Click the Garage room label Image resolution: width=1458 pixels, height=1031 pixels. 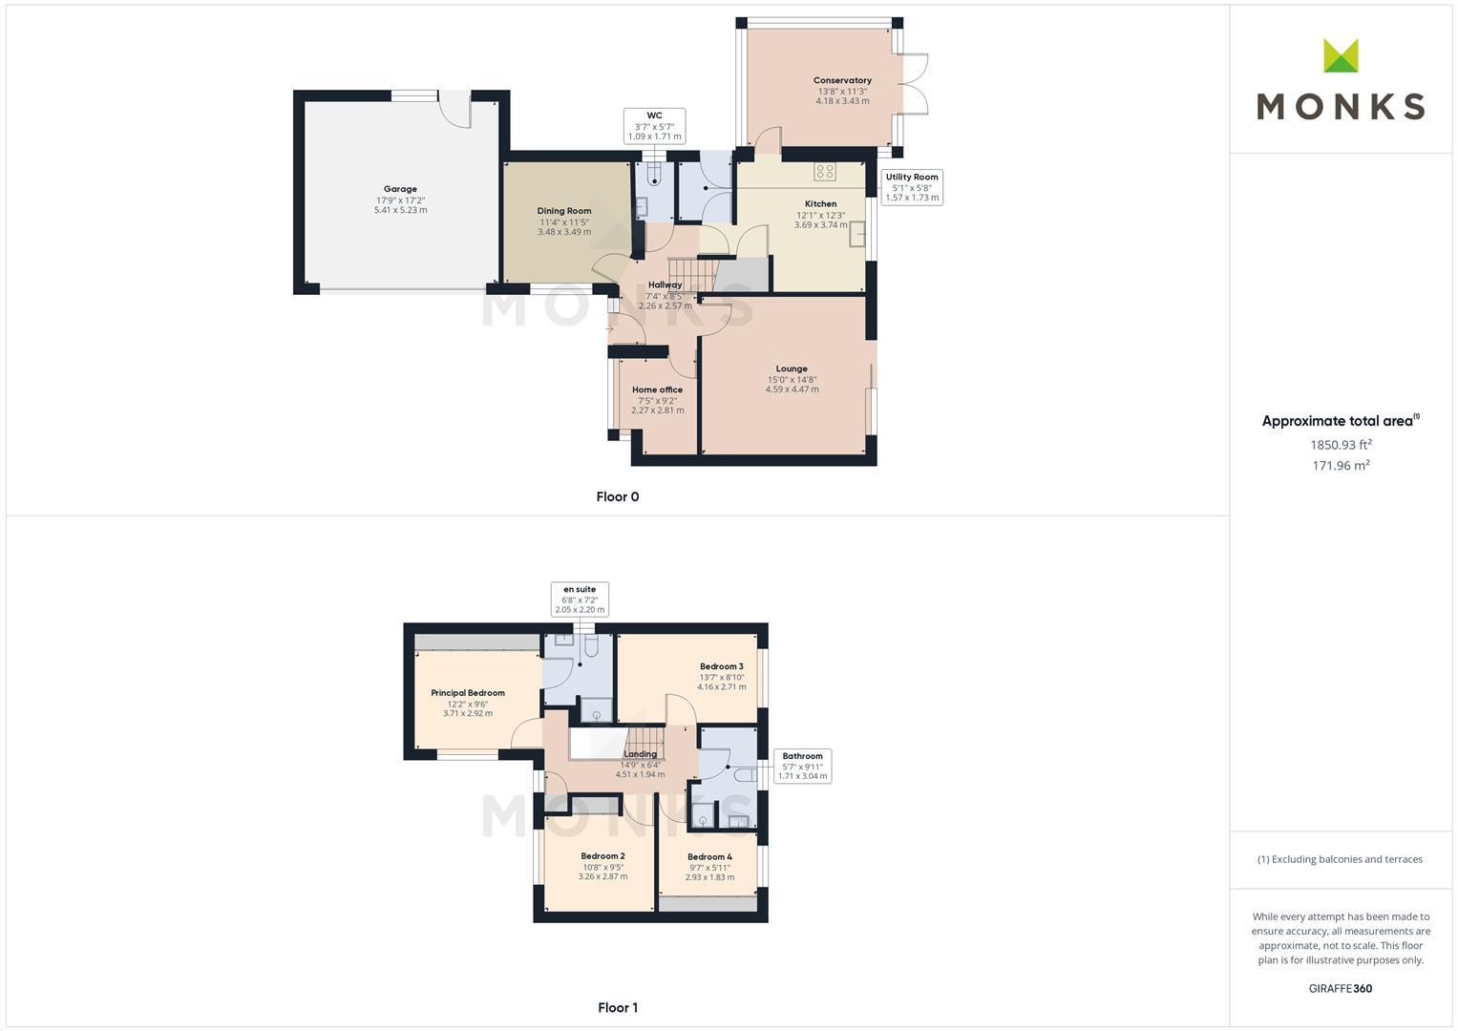click(x=400, y=189)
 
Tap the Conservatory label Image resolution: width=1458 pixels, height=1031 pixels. click(x=842, y=80)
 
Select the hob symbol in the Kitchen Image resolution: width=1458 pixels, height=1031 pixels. click(x=825, y=172)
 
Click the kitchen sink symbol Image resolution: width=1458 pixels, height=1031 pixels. click(x=857, y=234)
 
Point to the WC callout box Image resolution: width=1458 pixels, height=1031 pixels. click(x=654, y=126)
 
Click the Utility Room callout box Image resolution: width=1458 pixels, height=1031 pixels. click(x=912, y=187)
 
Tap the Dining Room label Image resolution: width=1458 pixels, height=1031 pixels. click(x=563, y=211)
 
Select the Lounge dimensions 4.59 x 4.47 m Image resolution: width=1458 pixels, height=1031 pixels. click(x=792, y=389)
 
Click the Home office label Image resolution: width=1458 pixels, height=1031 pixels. click(x=658, y=389)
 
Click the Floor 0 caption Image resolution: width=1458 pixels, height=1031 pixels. click(x=618, y=496)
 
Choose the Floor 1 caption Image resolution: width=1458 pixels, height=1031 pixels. click(x=618, y=1007)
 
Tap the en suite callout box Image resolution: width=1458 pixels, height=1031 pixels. click(x=580, y=600)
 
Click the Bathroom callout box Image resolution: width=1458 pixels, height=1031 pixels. click(x=803, y=766)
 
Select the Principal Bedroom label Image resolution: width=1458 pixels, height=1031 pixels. click(x=467, y=692)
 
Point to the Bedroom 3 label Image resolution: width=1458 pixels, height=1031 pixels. click(x=721, y=666)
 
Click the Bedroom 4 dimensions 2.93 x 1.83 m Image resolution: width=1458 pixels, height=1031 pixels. click(x=709, y=876)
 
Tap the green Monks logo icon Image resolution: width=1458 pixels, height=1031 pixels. click(x=1341, y=55)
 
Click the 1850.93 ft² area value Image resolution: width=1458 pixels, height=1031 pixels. click(x=1341, y=445)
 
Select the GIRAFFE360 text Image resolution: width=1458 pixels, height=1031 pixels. click(x=1341, y=988)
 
